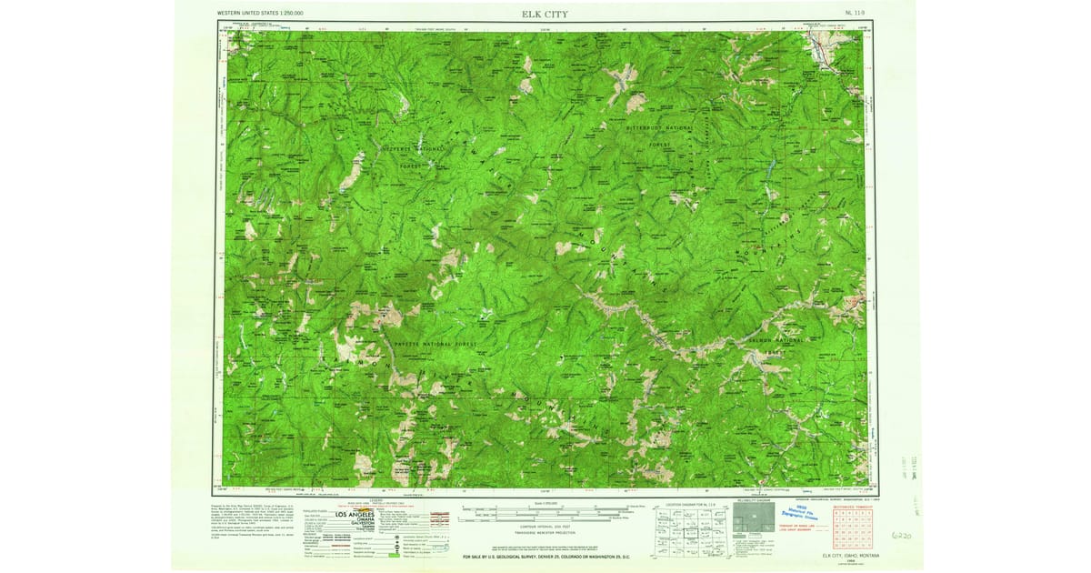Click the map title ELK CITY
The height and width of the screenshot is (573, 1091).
[545, 15]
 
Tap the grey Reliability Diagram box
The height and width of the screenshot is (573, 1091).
[749, 525]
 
